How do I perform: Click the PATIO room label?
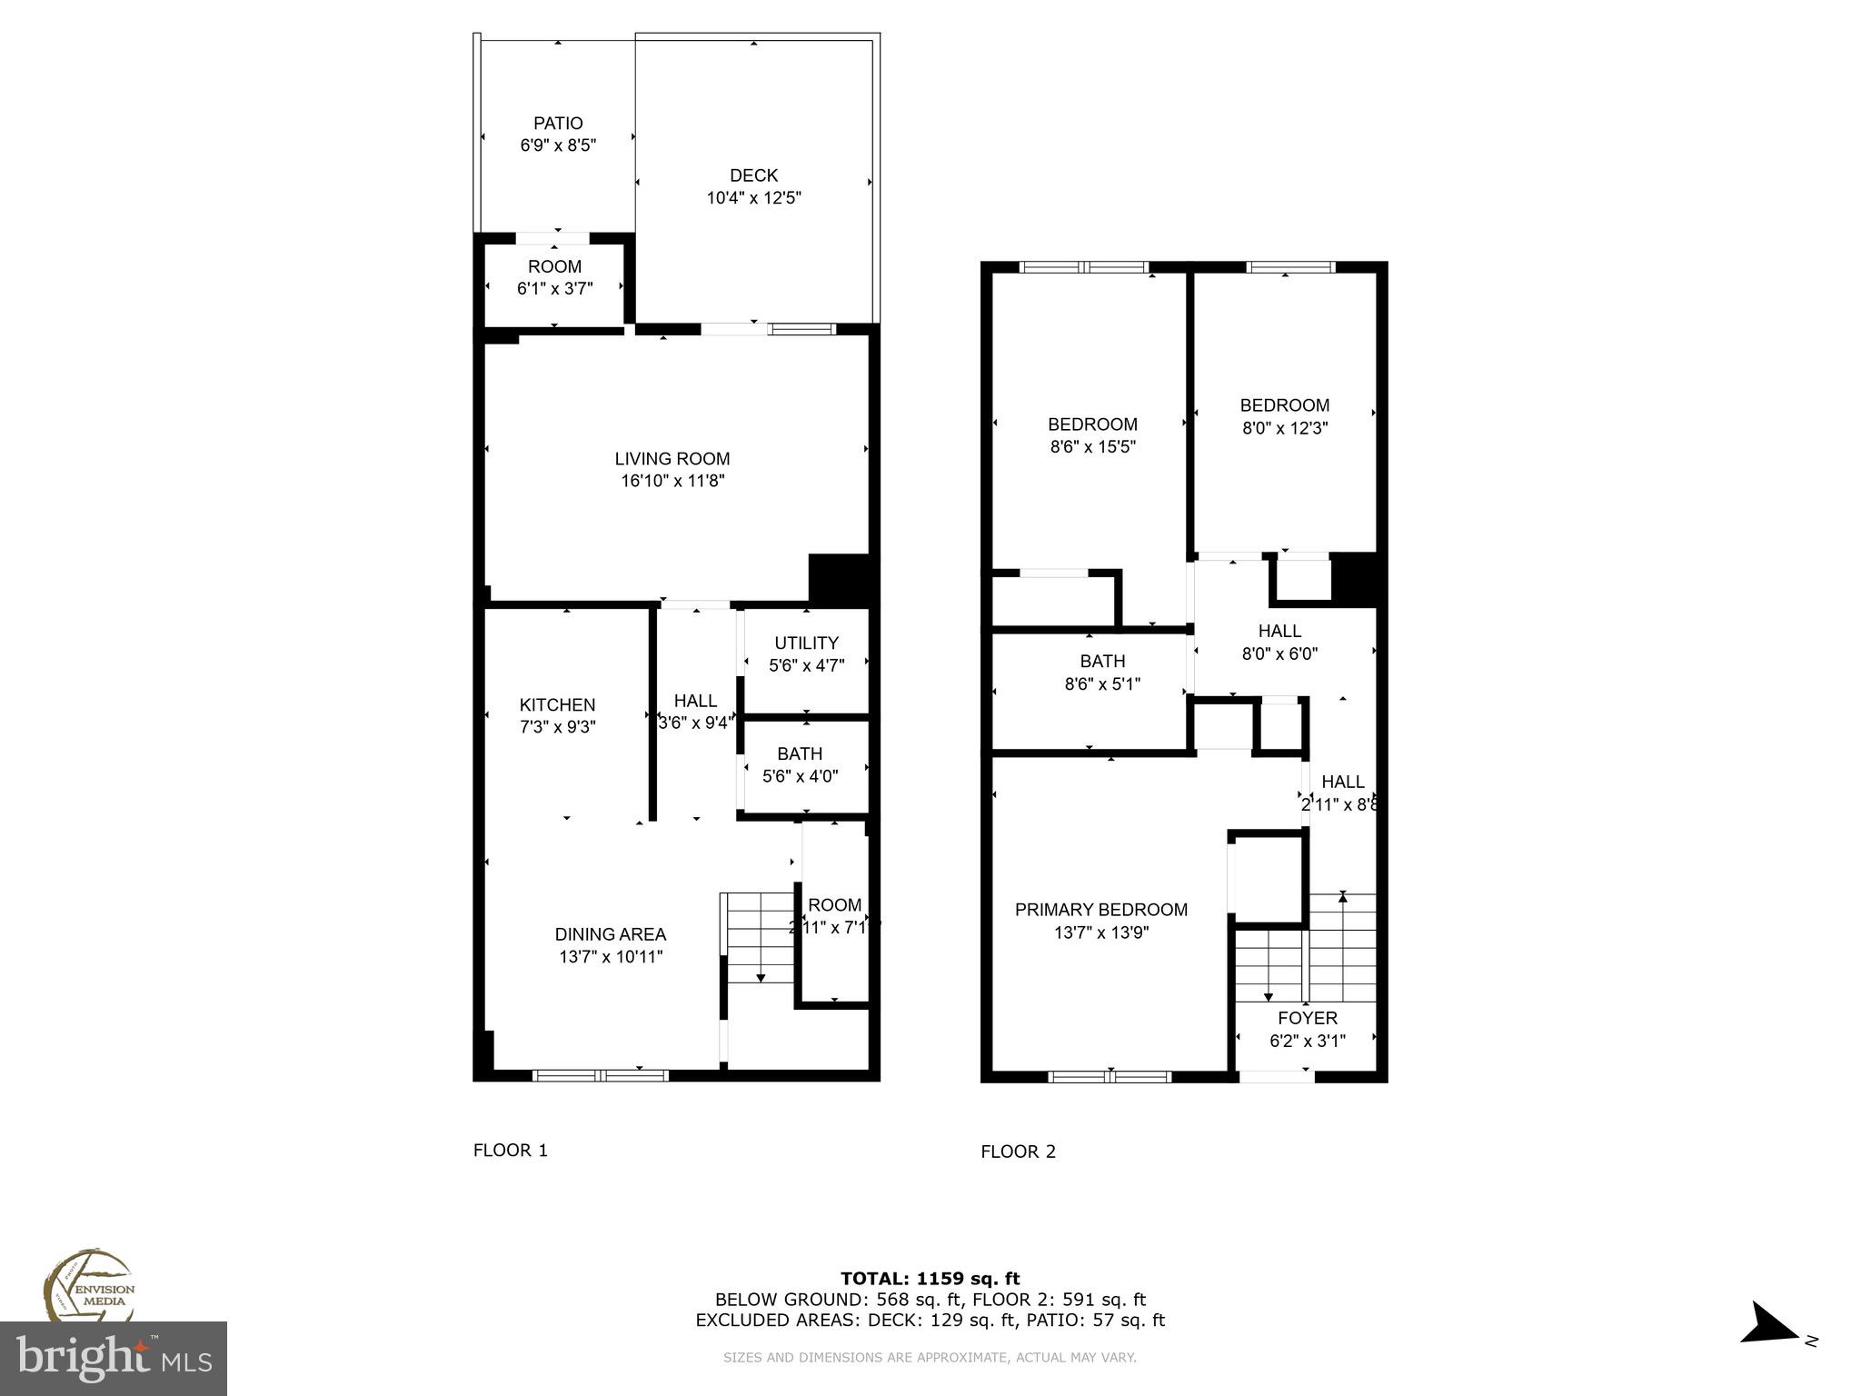558,124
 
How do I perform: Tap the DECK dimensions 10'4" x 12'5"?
753,198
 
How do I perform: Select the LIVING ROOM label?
672,459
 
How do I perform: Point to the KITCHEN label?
557,704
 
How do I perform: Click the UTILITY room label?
806,643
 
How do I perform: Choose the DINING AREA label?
610,934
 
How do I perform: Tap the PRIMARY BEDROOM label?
1100,910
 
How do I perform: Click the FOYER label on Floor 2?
1307,1018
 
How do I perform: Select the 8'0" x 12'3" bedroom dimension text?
1284,428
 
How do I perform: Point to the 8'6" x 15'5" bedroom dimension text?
1092,447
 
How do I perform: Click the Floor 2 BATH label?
1102,662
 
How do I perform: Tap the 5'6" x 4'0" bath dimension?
800,776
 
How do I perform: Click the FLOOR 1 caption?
510,1151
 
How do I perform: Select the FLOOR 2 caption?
1018,1152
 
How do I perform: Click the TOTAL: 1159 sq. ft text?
930,1279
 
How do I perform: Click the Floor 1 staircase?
760,936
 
